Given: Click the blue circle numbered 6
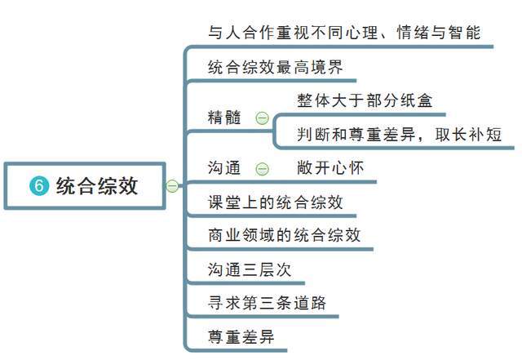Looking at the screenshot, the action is point(39,185).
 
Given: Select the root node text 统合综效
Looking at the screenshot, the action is point(97,185).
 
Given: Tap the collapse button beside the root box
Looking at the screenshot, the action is point(172,185).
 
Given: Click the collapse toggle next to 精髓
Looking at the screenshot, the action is point(262,118).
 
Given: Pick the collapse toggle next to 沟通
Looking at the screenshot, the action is point(262,169).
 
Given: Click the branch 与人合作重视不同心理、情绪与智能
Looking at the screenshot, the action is point(344,33).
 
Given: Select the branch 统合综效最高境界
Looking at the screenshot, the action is point(276,67).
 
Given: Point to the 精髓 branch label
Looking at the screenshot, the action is point(224,118).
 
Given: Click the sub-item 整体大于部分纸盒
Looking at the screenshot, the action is point(365,100).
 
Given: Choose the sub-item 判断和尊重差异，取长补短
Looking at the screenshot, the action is point(399,135).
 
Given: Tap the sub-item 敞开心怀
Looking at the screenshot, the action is point(330,167).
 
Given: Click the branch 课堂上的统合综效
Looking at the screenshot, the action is point(276,202).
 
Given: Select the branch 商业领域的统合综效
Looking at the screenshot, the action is point(285,235).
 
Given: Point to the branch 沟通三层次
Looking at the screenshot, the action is point(250,269).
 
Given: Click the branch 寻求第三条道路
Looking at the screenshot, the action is point(267,303).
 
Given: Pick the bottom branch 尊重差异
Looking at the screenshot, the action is point(241,336).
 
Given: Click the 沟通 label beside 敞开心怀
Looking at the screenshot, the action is point(224,167).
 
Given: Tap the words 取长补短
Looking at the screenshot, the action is point(468,135).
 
